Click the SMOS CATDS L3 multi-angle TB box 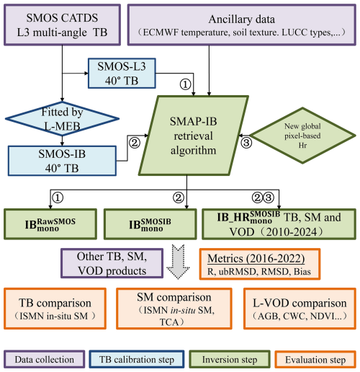[62, 25]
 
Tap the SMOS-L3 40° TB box [122, 74]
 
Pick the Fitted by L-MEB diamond [62, 119]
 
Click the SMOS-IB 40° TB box [62, 161]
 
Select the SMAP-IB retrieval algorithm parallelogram [194, 136]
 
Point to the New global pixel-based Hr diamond [302, 136]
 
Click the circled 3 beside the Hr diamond [246, 143]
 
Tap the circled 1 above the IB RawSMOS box [58, 198]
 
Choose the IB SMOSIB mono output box [150, 224]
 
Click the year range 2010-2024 [292, 232]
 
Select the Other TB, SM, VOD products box [112, 263]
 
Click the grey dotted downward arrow [179, 262]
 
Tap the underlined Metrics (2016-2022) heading [256, 259]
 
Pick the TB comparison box [55, 309]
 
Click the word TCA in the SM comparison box [169, 322]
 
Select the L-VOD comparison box [300, 309]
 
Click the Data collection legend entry [45, 359]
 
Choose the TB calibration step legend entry [137, 359]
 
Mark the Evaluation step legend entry [315, 359]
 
